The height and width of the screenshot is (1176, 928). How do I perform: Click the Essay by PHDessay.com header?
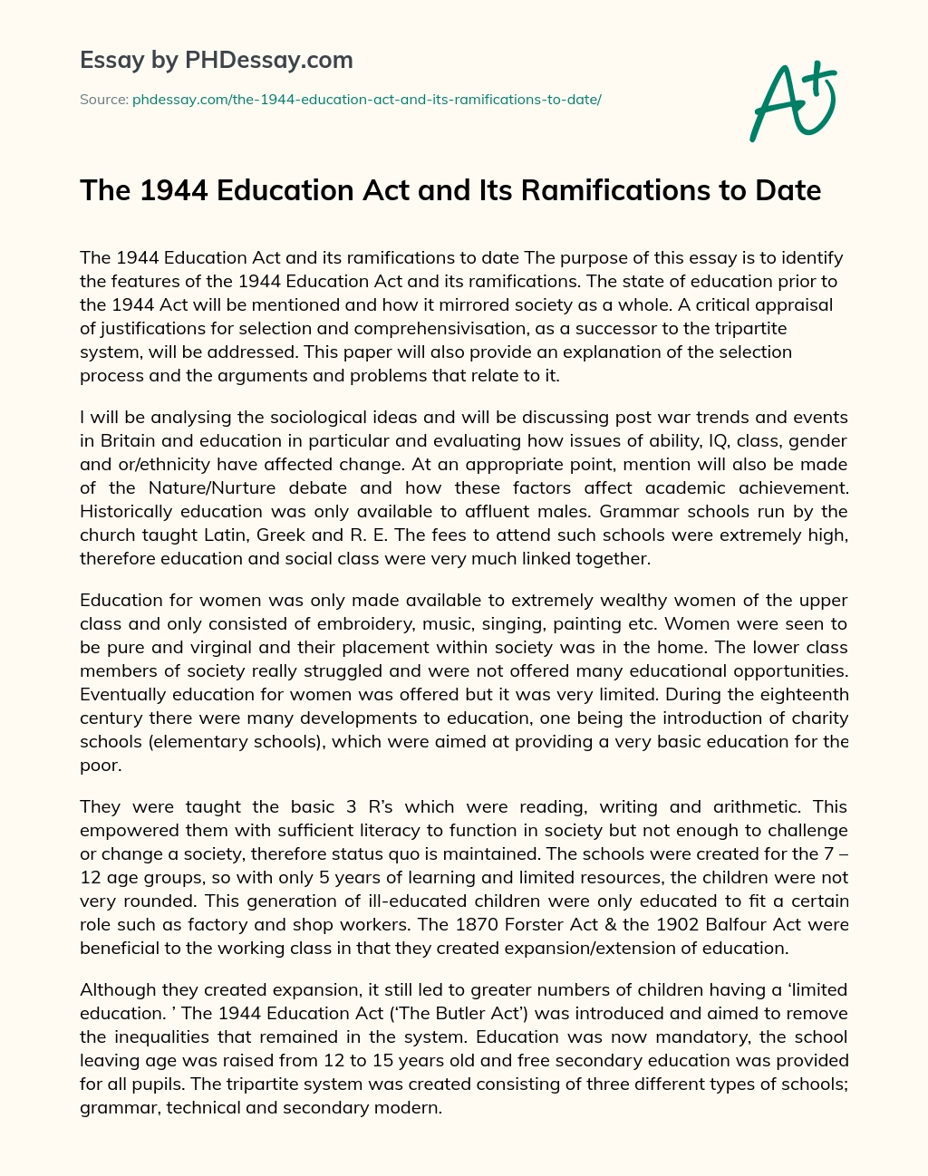click(217, 61)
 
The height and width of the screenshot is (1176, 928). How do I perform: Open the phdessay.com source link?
click(366, 99)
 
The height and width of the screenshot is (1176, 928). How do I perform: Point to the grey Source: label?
click(103, 99)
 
